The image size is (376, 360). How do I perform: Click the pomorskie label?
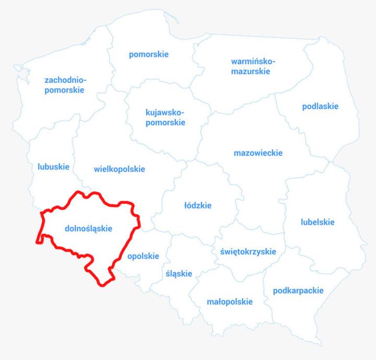(149, 54)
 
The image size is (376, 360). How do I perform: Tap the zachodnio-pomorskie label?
(65, 85)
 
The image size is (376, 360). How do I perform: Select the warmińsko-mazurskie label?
(251, 66)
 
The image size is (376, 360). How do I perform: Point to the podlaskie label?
(320, 106)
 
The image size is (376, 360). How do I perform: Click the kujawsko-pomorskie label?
(165, 117)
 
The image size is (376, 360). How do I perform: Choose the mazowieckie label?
(258, 153)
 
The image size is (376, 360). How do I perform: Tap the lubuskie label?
(53, 167)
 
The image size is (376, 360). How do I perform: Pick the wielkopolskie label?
(120, 169)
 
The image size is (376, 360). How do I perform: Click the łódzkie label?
(198, 205)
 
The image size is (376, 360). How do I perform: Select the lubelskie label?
(318, 222)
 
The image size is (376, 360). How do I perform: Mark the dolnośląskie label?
(89, 228)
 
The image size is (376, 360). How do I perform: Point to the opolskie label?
(143, 256)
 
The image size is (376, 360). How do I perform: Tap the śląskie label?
(179, 273)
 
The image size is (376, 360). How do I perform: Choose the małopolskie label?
(230, 301)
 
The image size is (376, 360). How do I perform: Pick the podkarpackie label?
(298, 291)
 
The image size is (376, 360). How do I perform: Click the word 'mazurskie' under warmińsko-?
(251, 72)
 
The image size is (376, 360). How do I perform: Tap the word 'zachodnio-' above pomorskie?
(66, 80)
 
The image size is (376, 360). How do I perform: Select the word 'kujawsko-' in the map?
(165, 112)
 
